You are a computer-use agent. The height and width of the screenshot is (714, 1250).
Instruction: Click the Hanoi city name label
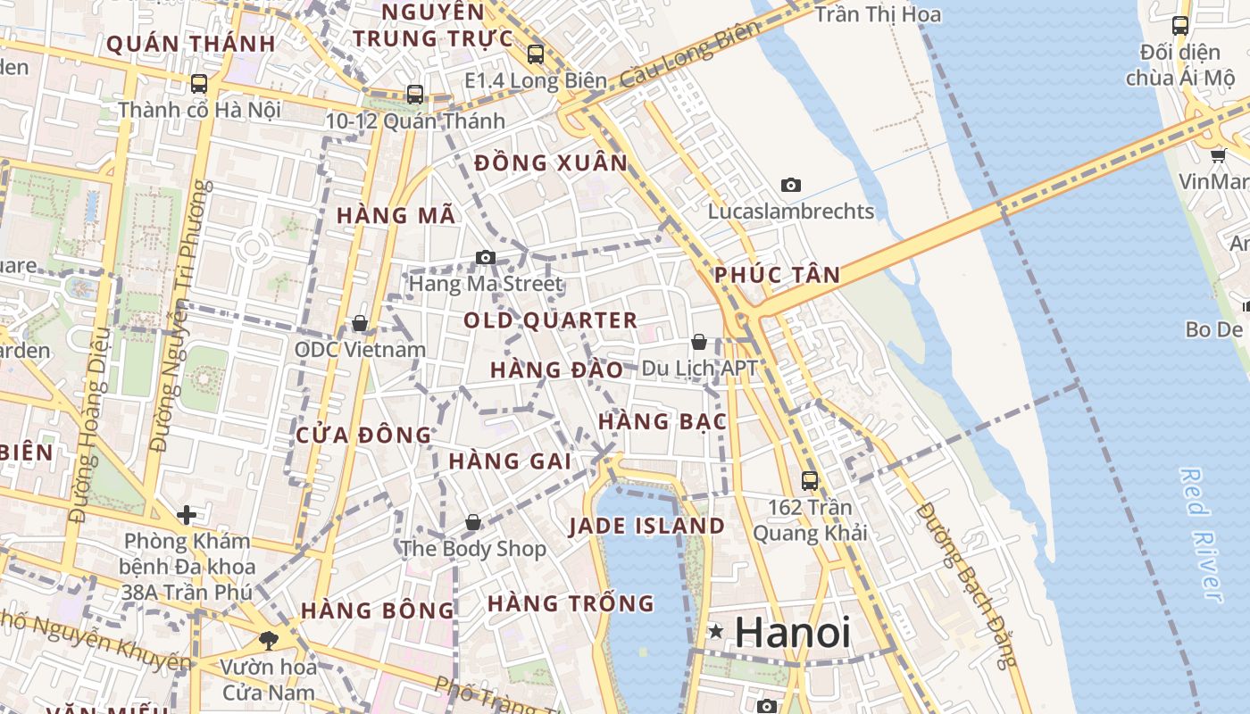click(x=793, y=633)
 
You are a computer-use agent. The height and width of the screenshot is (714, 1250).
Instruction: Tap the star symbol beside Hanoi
click(x=715, y=632)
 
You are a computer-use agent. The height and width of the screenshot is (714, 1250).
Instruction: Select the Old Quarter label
click(x=550, y=320)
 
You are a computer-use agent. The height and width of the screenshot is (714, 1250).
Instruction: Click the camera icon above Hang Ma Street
click(x=485, y=258)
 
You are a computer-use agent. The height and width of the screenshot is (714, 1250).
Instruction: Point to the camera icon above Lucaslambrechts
click(x=790, y=186)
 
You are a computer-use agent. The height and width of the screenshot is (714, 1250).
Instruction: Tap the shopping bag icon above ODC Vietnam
click(x=360, y=323)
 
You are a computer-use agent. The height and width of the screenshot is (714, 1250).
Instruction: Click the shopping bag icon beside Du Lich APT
click(x=699, y=342)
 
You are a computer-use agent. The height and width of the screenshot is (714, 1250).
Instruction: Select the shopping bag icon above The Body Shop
click(x=473, y=522)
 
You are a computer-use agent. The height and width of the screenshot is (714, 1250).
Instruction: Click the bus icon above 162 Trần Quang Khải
click(x=810, y=480)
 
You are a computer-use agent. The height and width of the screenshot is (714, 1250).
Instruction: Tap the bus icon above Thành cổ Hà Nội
click(x=199, y=84)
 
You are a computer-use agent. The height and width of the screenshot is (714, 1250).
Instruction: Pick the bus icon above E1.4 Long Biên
click(x=536, y=54)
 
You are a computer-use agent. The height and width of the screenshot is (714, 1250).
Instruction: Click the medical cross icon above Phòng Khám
click(x=186, y=515)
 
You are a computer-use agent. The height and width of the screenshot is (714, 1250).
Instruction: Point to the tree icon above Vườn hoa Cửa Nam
click(x=268, y=639)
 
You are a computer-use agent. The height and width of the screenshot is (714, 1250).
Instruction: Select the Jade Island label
click(x=647, y=526)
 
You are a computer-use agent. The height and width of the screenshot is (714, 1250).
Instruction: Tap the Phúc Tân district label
click(x=778, y=275)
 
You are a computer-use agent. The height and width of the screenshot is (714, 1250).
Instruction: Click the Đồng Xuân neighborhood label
click(x=551, y=163)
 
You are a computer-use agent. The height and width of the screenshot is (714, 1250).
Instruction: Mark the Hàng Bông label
click(x=378, y=610)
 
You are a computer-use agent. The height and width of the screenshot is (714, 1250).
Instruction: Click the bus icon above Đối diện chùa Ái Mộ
click(x=1179, y=25)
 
